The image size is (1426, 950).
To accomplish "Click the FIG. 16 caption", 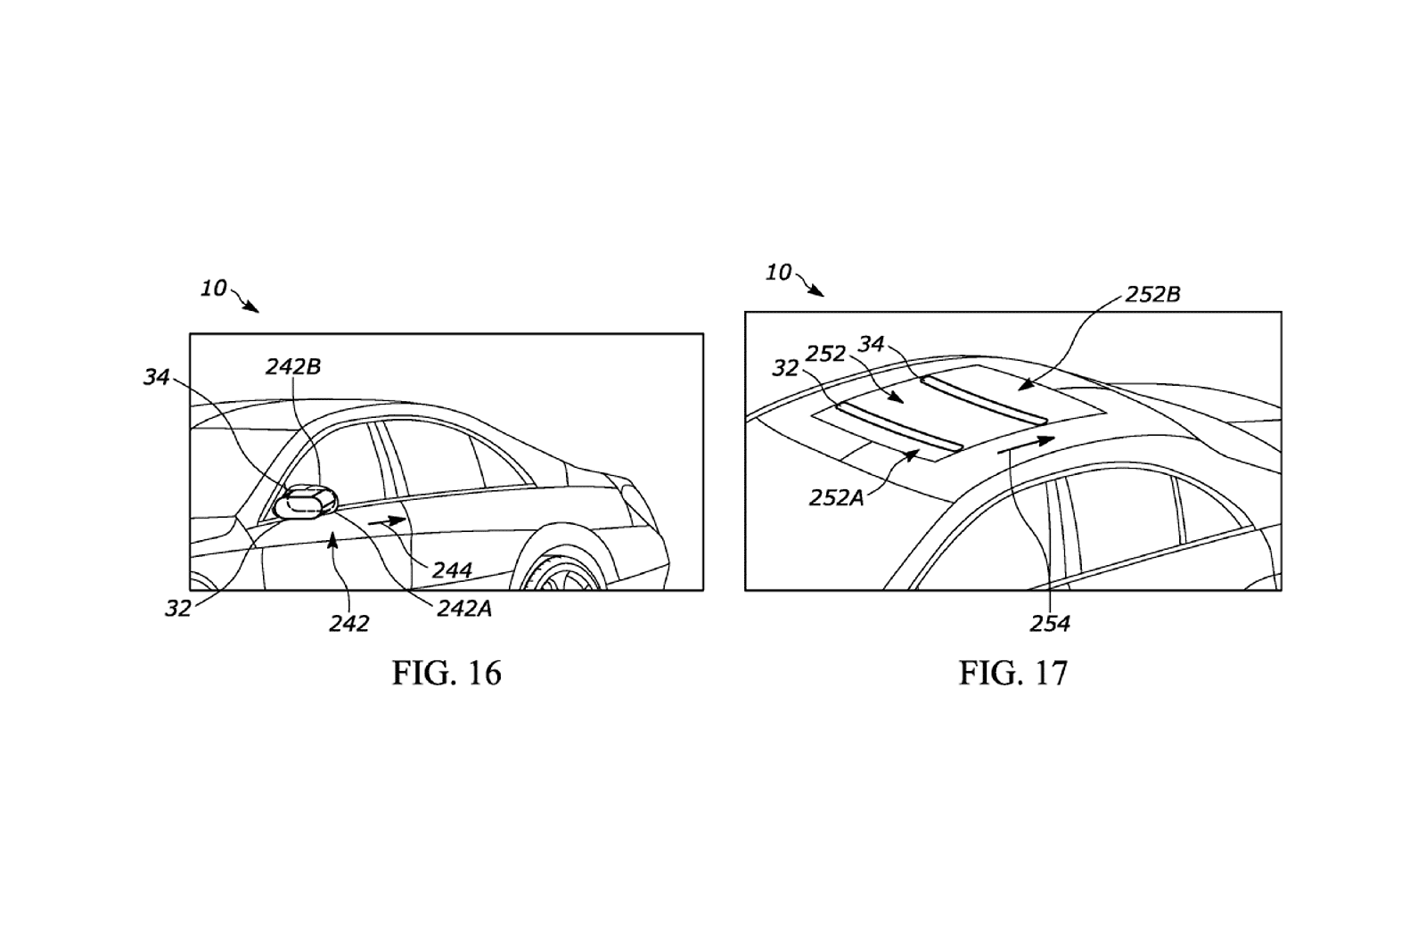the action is click(447, 673).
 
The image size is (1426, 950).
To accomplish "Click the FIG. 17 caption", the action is click(1012, 673).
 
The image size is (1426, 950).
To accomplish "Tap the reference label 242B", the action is click(293, 367).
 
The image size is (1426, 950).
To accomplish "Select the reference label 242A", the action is click(464, 610).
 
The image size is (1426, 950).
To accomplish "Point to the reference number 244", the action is click(452, 569).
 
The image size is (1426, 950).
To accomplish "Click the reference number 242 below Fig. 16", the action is click(348, 624).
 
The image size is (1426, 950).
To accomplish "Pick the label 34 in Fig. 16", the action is click(156, 377).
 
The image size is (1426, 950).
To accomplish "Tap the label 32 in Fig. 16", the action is click(178, 609).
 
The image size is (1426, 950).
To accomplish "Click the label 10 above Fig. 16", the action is click(214, 289).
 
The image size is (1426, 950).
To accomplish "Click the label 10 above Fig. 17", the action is click(778, 273).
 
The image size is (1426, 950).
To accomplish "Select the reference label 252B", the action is click(1153, 294).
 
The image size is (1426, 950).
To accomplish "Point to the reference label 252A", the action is click(837, 498).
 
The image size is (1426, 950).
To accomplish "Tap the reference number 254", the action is click(1050, 623).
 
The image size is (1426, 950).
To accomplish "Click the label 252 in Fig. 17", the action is click(825, 354).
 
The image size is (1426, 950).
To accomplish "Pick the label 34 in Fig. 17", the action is click(872, 344).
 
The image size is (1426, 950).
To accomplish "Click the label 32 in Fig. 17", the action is click(785, 368).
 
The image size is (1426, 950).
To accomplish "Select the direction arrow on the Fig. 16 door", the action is click(387, 520).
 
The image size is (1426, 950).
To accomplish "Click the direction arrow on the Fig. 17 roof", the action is click(1026, 445).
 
